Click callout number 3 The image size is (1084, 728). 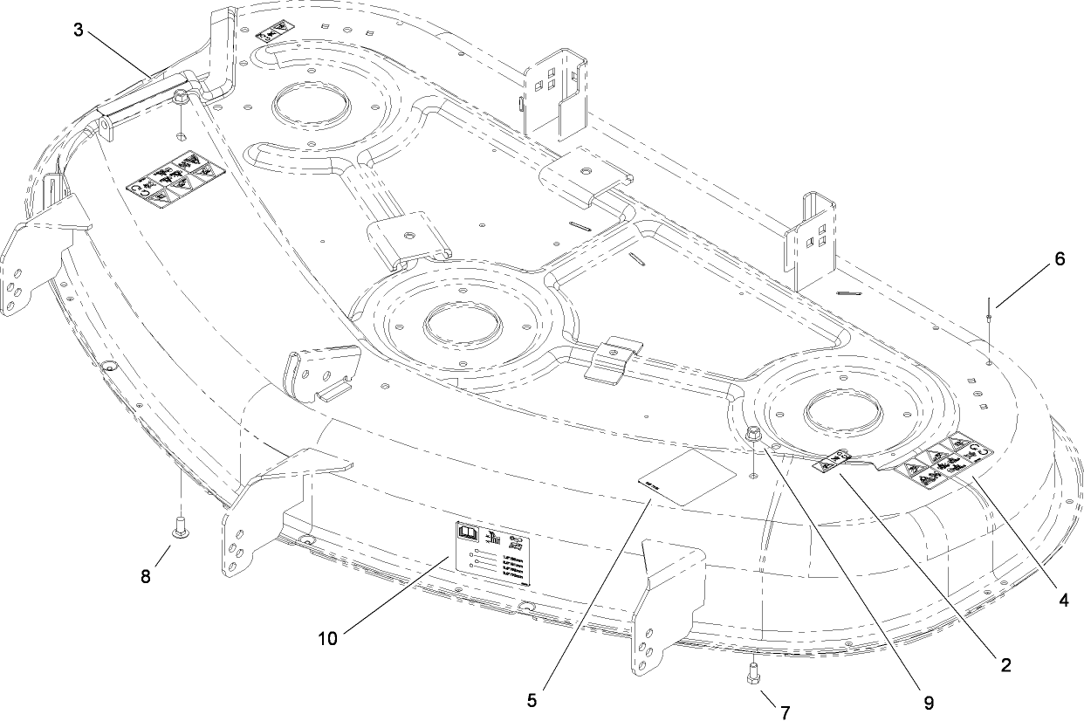coord(79,30)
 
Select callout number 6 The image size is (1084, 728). coord(1060,259)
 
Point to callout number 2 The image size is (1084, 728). coord(1005,665)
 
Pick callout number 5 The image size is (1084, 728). coord(532,699)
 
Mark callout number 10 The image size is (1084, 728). coord(327,638)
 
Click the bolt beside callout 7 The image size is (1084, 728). coord(752,674)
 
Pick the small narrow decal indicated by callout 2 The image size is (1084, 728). coord(835,460)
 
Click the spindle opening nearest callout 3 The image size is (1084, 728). coord(313,107)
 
